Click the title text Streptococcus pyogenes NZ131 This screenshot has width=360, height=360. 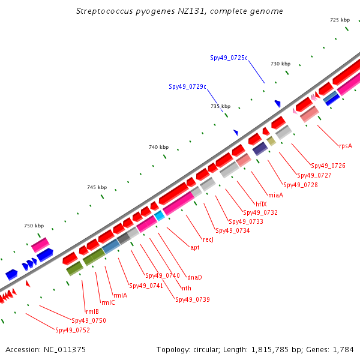(x=140, y=11)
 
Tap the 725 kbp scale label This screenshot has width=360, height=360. (x=340, y=20)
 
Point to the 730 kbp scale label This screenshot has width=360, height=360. (x=280, y=64)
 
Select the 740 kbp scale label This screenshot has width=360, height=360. (x=158, y=147)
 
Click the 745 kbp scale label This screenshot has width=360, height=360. (x=97, y=187)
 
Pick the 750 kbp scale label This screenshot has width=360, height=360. (x=34, y=226)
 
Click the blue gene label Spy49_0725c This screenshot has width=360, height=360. (x=229, y=58)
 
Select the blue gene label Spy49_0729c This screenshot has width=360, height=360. (x=187, y=86)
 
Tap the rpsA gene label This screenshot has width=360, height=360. (x=346, y=146)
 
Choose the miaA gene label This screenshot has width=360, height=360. (x=276, y=195)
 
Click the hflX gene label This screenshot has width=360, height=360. (x=261, y=204)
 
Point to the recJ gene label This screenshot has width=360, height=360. (x=208, y=239)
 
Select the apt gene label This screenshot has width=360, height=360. (x=195, y=247)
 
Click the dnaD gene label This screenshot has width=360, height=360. (x=194, y=277)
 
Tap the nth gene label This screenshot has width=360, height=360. (x=187, y=288)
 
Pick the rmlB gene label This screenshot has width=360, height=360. (x=92, y=311)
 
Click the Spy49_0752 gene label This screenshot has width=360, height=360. (x=73, y=330)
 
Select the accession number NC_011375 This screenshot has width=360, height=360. (x=65, y=350)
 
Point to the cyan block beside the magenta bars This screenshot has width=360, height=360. (x=160, y=216)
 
